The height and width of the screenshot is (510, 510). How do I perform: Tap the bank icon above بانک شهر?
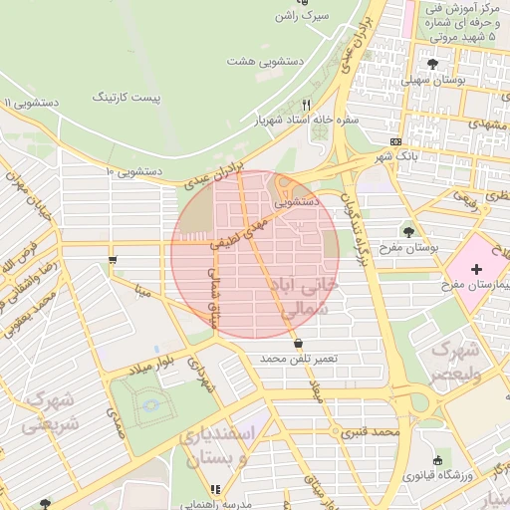tap(396, 140)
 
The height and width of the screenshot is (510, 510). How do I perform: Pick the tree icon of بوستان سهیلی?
tap(431, 64)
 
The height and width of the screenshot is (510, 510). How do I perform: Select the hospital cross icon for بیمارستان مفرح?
tap(476, 269)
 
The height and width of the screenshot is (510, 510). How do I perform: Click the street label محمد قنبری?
tap(370, 433)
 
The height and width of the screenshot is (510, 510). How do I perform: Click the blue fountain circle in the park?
tap(150, 404)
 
